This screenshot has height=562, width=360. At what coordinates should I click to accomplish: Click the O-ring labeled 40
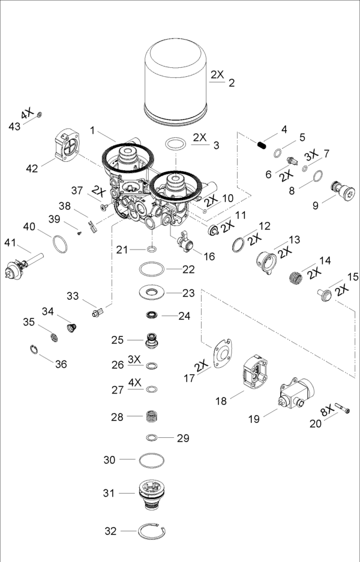(x=59, y=245)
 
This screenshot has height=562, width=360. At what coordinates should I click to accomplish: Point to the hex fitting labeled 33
(x=98, y=312)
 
